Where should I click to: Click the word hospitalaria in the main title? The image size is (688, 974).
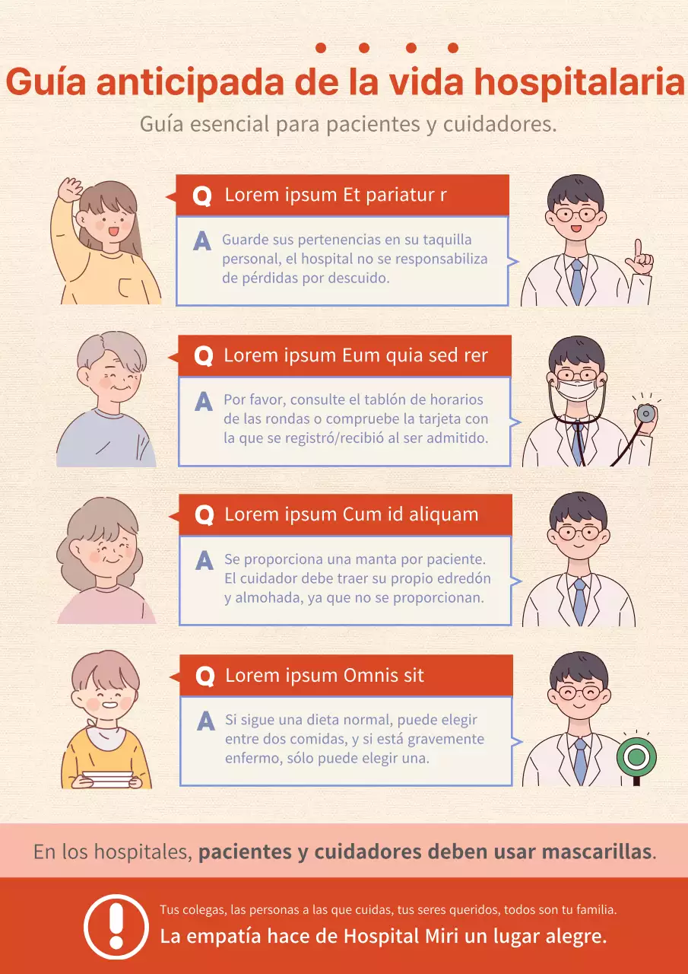[x=579, y=84]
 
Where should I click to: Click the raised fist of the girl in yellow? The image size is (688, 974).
[x=71, y=189]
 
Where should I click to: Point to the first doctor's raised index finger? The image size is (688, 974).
[x=638, y=249]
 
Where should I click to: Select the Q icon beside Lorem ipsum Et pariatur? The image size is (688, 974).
[x=202, y=196]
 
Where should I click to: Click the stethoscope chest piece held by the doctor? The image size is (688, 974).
[x=646, y=413]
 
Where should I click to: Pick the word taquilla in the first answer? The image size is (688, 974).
[x=447, y=240]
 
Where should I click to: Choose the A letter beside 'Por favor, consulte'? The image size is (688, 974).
[x=204, y=401]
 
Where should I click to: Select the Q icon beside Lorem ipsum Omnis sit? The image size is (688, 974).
[x=205, y=676]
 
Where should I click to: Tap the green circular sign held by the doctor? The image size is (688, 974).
[x=636, y=757]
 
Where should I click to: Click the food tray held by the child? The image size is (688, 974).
[x=107, y=779]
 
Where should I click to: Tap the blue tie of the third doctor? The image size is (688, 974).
[x=579, y=601]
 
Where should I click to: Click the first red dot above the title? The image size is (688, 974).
[x=321, y=48]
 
